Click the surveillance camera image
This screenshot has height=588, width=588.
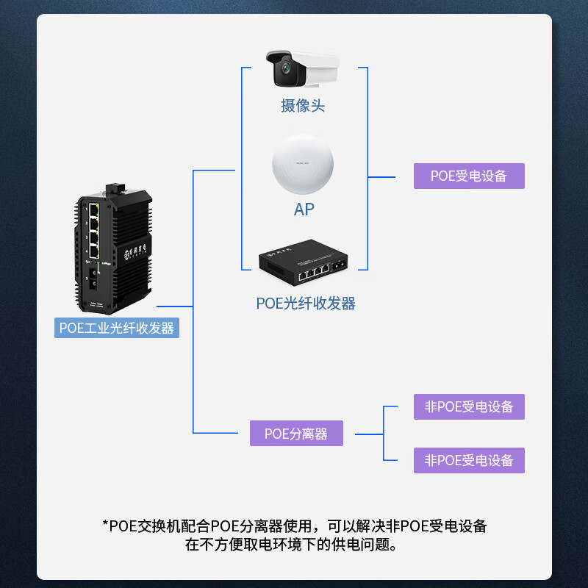click(302, 69)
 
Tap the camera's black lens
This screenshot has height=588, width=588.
click(285, 73)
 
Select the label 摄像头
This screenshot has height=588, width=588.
click(302, 106)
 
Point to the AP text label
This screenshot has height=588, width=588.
click(304, 209)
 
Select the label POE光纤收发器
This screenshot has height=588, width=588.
click(306, 303)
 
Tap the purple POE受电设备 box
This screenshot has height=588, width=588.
click(469, 176)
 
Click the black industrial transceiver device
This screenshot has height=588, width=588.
click(114, 250)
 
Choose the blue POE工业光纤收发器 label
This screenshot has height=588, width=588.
click(117, 328)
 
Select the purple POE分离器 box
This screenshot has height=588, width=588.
click(296, 434)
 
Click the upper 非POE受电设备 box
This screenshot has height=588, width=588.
click(469, 406)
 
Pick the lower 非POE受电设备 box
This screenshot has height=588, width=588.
click(469, 461)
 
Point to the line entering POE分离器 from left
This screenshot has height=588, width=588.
click(220, 433)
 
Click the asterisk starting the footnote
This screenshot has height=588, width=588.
click(105, 526)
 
